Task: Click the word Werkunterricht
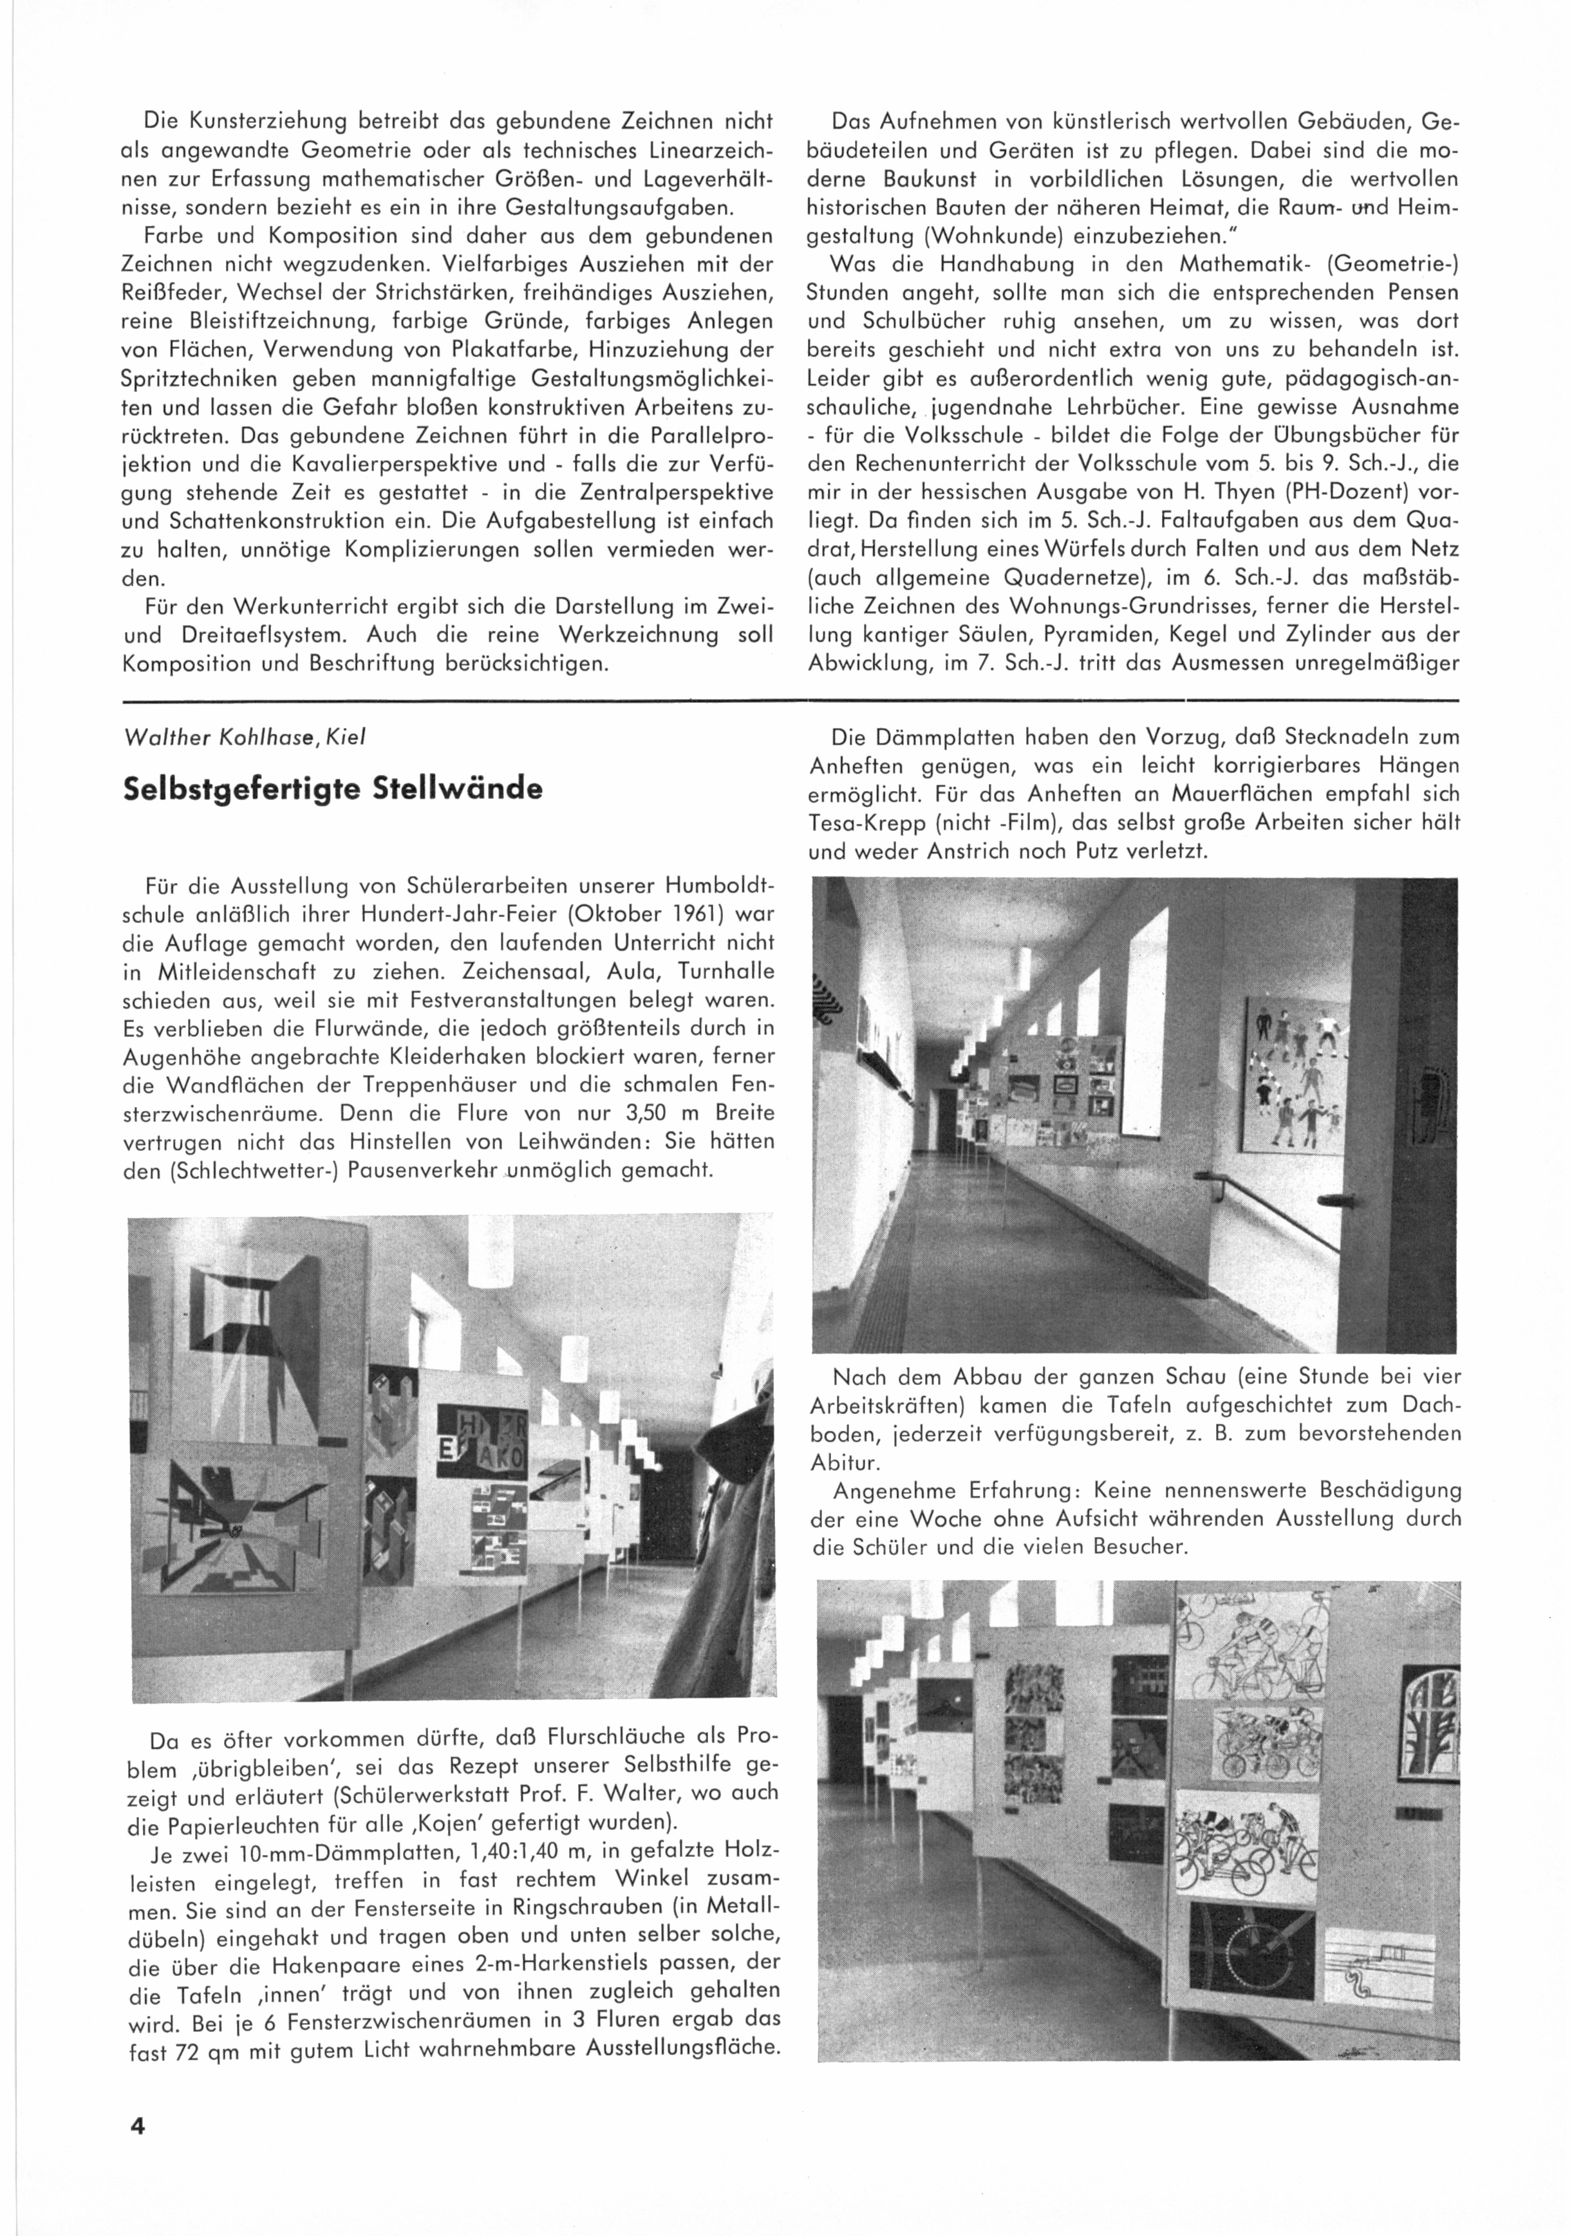click(x=285, y=606)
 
